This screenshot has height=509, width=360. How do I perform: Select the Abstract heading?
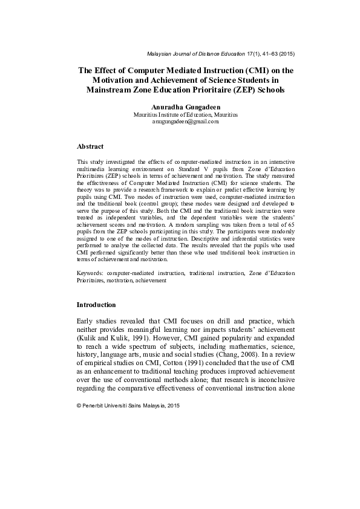coord(90,146)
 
